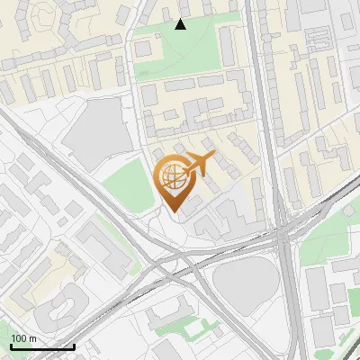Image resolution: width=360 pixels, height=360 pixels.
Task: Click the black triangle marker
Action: (x=180, y=24)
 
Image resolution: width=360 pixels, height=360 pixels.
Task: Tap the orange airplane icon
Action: (x=199, y=163)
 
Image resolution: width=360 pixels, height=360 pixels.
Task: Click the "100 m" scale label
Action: (x=24, y=338)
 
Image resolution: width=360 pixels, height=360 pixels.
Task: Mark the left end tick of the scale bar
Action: (x=11, y=346)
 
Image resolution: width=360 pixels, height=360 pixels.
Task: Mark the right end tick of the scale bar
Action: (x=74, y=346)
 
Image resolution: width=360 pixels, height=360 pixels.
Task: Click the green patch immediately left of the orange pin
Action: (x=126, y=189)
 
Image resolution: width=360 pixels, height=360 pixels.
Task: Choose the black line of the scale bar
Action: (x=42, y=346)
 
